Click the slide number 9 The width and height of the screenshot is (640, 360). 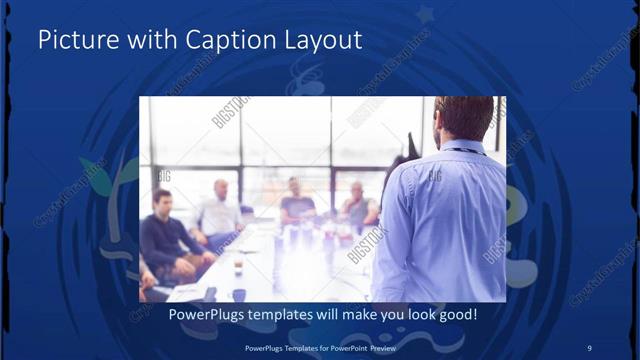pos(589,347)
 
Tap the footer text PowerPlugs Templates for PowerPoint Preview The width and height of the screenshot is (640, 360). pos(320,347)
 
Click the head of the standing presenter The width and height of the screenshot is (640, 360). pos(463,119)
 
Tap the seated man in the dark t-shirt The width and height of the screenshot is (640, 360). pos(297,204)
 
